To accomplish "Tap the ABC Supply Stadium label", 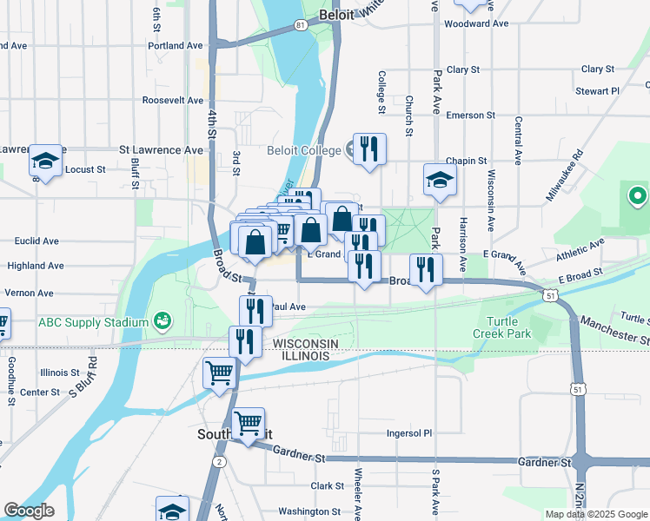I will (93, 323).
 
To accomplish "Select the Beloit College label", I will (304, 150).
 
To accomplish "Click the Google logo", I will (29, 511).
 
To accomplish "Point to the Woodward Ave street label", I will (475, 23).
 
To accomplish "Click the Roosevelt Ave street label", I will (173, 101).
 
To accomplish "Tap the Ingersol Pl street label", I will (409, 432).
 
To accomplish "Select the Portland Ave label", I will (176, 45).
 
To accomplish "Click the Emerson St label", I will (469, 115).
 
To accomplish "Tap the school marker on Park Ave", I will (441, 180).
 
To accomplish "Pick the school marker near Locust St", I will (45, 161).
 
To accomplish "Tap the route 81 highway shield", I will (300, 26).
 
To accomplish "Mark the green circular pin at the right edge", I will (636, 197).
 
